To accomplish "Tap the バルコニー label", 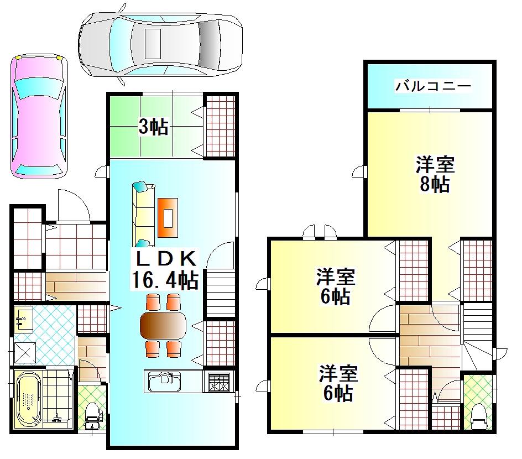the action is pos(433,86).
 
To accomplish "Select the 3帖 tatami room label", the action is pos(154,127).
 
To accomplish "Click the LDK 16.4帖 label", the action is pos(165,270).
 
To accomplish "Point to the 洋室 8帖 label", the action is pos(435,174).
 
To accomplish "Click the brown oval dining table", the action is pos(163,326).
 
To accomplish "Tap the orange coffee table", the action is pos(168,218).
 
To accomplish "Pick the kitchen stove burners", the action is pos(219,382).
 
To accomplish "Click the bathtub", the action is pos(29,399).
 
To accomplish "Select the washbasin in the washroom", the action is pos(24,320).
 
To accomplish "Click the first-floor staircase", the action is pos(221,293).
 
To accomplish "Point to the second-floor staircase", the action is pos(477,337).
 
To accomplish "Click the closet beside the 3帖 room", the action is pos(221,126).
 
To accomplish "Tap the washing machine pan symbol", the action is pos(25,353).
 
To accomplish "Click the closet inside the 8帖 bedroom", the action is pos(477,270).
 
